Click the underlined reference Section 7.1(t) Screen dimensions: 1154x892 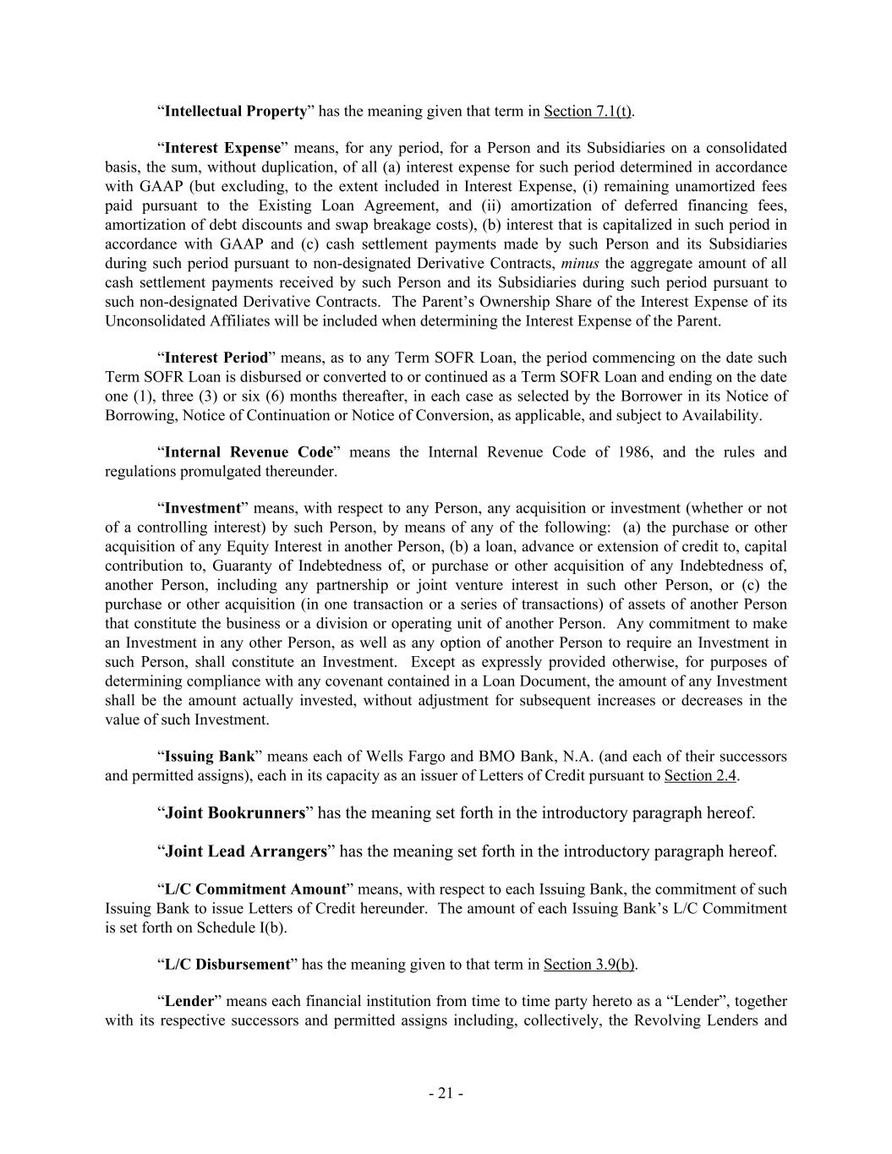coord(588,112)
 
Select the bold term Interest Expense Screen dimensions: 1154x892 coord(222,148)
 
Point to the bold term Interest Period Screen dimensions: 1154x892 coord(216,358)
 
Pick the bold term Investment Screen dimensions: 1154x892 coord(203,508)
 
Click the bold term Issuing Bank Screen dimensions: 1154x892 coord(209,756)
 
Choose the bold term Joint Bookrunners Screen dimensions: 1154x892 coord(234,813)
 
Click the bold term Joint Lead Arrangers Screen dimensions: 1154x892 coord(245,851)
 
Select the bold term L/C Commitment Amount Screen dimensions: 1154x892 coord(255,889)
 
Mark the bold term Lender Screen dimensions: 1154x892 coord(189,1002)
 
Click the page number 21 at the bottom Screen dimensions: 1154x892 coord(445,1094)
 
